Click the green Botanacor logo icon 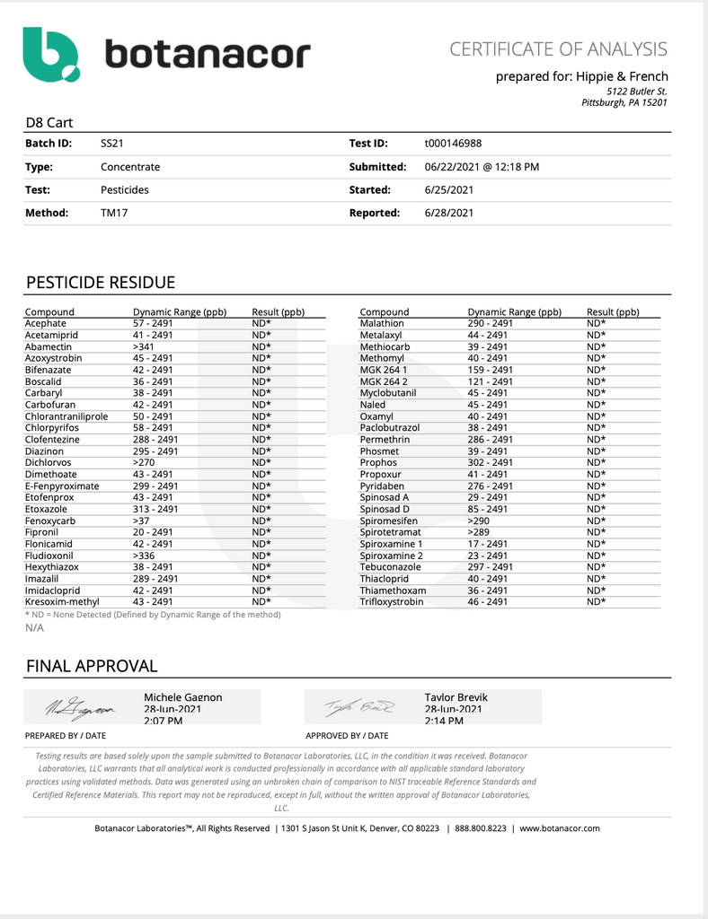click(x=51, y=54)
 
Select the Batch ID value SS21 click(x=111, y=144)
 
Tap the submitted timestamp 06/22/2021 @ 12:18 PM click(x=482, y=167)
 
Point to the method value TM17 click(x=114, y=214)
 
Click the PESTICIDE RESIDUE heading click(x=101, y=284)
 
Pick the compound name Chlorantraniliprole click(x=66, y=416)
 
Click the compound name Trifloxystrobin click(x=391, y=602)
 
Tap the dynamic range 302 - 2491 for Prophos click(x=490, y=463)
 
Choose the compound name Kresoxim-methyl click(x=62, y=602)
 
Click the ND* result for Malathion click(x=597, y=323)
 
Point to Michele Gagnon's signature click(x=80, y=709)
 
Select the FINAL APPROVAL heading click(x=92, y=666)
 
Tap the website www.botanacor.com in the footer click(x=560, y=828)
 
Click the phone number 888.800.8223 click(x=480, y=828)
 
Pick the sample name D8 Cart click(x=49, y=123)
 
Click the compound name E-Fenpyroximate click(x=62, y=486)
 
